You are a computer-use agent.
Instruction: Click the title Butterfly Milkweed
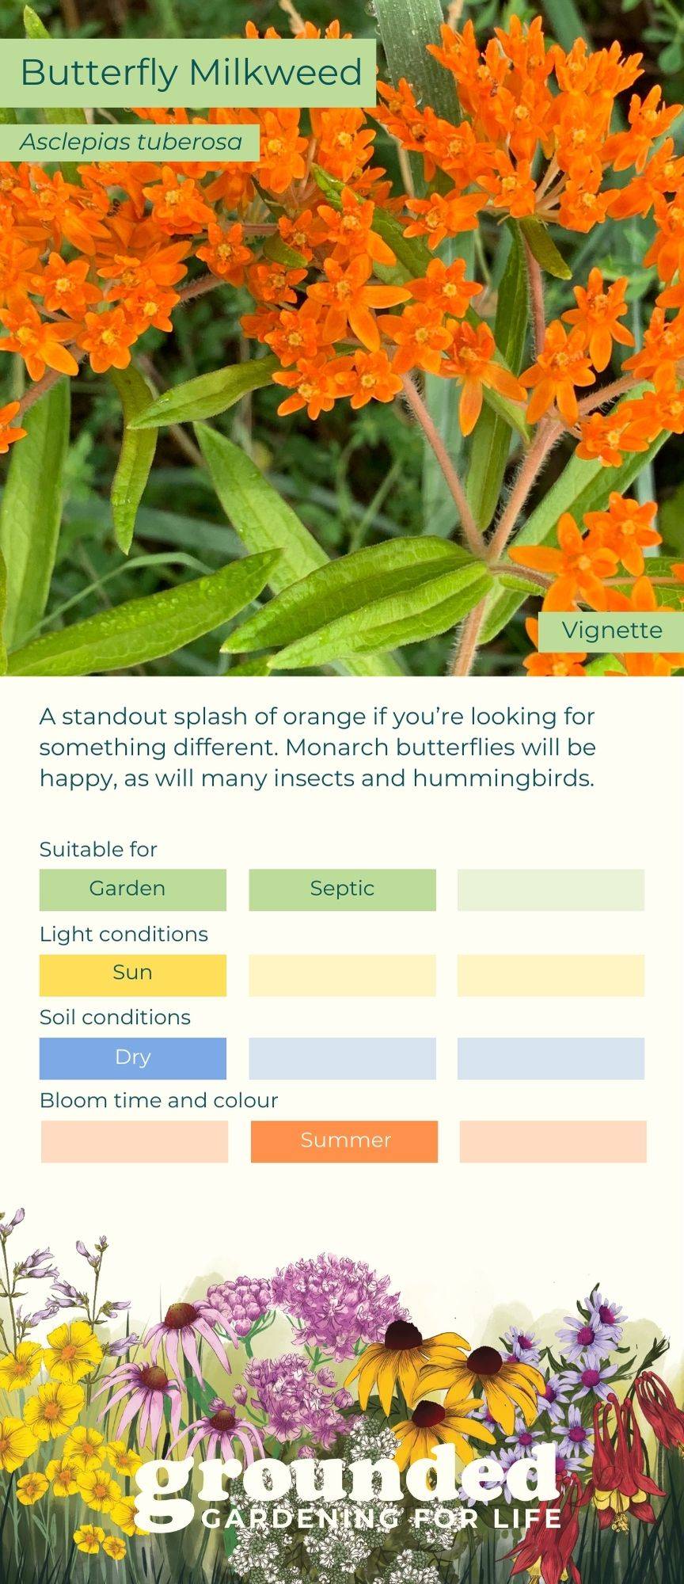coord(191,72)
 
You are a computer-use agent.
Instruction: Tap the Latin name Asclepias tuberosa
coord(131,143)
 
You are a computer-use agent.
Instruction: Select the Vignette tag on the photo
coord(612,630)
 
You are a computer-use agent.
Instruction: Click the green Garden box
coord(133,889)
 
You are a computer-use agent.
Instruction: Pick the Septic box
coord(342,889)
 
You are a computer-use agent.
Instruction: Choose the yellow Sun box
coord(133,974)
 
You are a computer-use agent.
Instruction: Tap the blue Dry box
coord(133,1058)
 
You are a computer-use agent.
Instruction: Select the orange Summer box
coord(344,1141)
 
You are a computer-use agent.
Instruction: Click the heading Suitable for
coord(98,849)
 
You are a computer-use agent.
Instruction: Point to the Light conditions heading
coord(123,934)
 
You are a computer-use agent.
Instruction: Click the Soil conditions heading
coord(115,1017)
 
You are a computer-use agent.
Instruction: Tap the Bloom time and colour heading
coord(158,1100)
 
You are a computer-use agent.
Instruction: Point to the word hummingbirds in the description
coord(503,779)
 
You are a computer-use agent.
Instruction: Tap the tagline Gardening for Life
coord(382,1518)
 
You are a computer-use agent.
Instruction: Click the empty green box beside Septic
coord(551,889)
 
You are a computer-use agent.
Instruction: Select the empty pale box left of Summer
coord(135,1141)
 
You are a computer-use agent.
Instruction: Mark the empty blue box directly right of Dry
coord(342,1058)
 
